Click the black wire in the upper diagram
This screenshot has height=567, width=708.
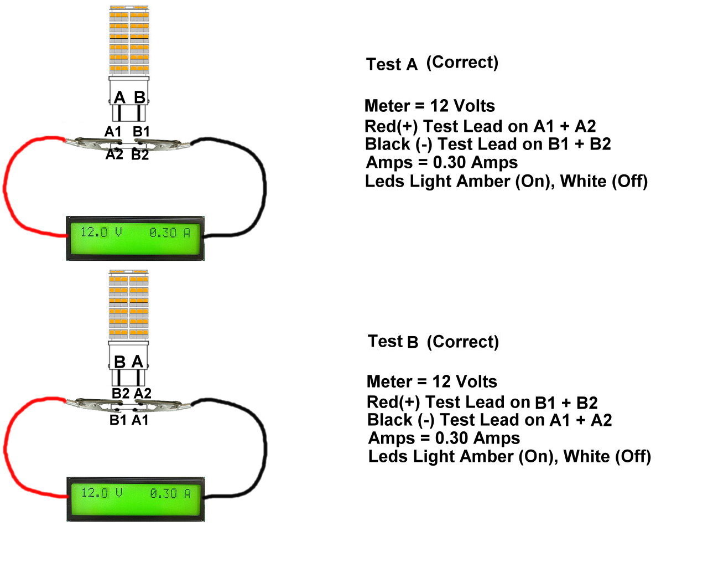[264, 183]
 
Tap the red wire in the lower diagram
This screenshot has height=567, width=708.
[7, 449]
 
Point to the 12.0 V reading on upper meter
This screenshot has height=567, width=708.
[101, 232]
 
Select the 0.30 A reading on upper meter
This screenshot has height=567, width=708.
[170, 233]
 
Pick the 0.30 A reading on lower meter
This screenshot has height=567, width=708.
[170, 493]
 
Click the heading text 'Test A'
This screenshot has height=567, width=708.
[392, 64]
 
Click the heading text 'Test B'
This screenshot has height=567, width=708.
[393, 341]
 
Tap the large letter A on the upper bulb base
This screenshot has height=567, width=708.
[119, 98]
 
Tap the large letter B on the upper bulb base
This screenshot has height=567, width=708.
[139, 97]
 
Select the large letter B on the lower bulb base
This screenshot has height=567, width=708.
[119, 362]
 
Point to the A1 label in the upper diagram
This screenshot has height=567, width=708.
[113, 132]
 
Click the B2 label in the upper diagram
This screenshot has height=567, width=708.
[140, 155]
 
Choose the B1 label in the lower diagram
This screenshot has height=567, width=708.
[118, 420]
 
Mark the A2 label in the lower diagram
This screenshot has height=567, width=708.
[143, 393]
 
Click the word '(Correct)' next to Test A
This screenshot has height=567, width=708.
[462, 62]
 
